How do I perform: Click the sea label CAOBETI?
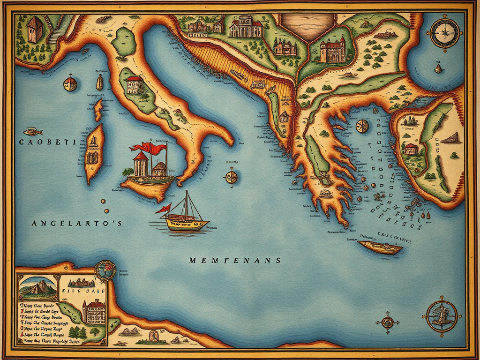tap(47, 142)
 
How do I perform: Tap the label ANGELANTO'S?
tap(77, 224)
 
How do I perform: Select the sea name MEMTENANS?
tap(235, 260)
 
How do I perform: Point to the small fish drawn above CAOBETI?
tap(33, 131)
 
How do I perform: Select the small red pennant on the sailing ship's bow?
tap(165, 209)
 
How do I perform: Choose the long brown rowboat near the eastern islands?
tap(380, 247)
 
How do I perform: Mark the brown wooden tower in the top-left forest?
tap(35, 29)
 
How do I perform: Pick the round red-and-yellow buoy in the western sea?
tap(70, 84)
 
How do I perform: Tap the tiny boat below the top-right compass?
tap(438, 69)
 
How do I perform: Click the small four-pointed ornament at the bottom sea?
tap(388, 322)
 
